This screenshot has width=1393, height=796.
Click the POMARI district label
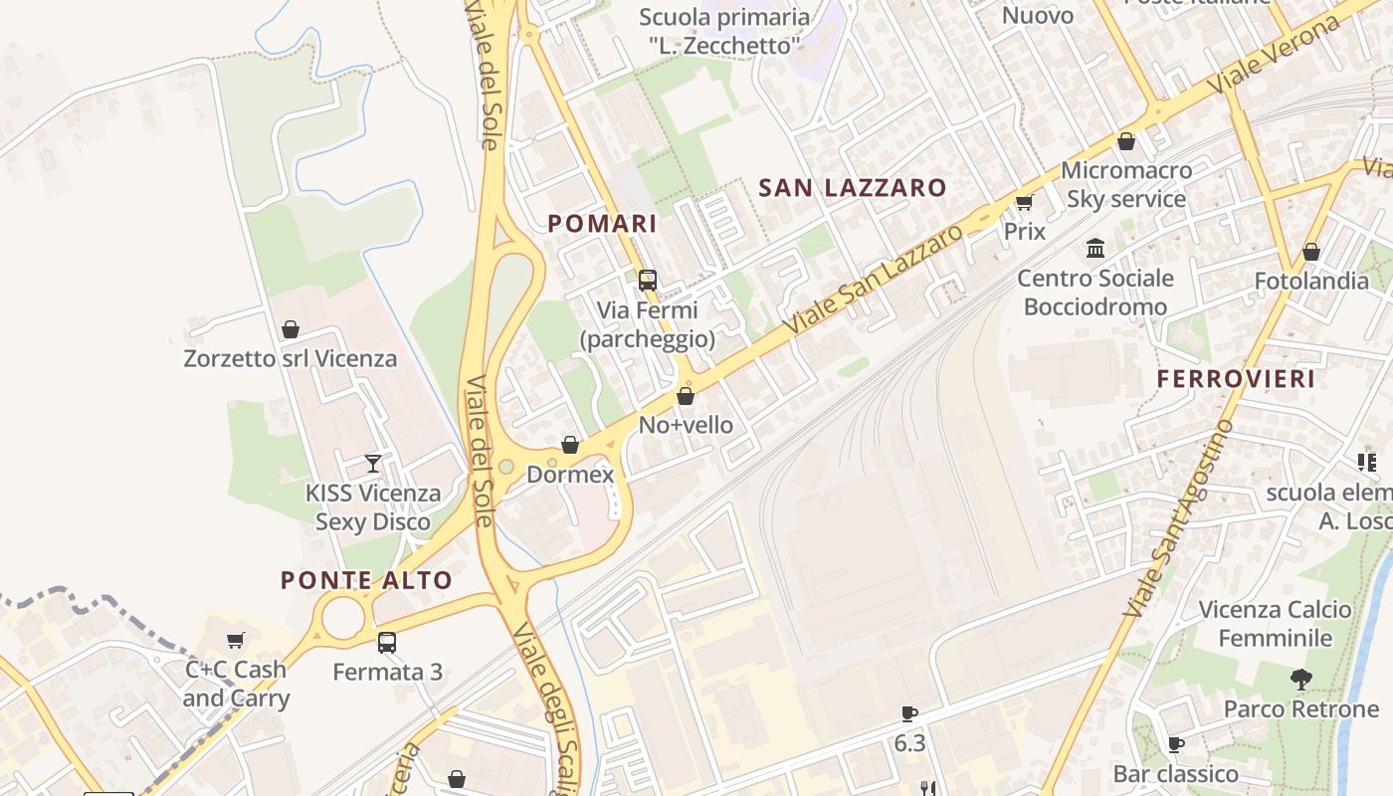(602, 224)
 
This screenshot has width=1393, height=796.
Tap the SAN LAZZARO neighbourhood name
(853, 187)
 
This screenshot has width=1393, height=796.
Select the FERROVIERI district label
(1236, 379)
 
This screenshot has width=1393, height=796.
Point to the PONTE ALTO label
(366, 580)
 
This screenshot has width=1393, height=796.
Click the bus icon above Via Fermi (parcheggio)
(648, 281)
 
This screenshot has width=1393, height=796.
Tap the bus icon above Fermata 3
(387, 643)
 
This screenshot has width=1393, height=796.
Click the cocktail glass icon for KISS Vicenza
(373, 463)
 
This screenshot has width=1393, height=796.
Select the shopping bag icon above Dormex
(570, 445)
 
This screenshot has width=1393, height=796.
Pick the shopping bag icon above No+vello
(686, 396)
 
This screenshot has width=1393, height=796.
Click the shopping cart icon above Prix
(1024, 202)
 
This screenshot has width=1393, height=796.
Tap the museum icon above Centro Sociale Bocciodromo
(1095, 248)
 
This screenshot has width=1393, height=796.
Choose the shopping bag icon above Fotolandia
(1311, 252)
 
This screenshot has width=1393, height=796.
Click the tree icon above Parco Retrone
(1300, 680)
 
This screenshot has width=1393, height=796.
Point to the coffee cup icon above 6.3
(908, 713)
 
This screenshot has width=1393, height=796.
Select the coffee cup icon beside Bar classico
(1175, 744)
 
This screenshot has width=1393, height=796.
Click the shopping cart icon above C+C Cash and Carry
(236, 640)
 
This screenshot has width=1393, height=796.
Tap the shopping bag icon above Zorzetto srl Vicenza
(291, 328)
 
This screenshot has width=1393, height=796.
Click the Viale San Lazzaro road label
(874, 280)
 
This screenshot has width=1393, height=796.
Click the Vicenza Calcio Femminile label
(1275, 624)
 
